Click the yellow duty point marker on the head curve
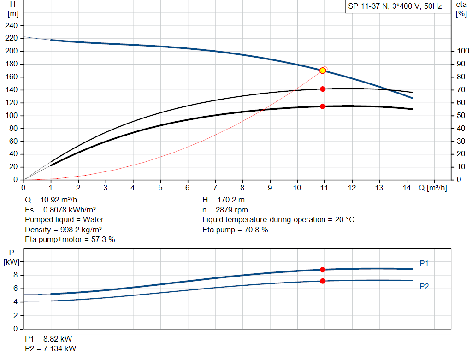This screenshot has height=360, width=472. (x=323, y=71)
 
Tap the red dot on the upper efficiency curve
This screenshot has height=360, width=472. (x=323, y=89)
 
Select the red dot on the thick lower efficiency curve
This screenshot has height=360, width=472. (x=323, y=106)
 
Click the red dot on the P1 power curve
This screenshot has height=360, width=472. (x=323, y=270)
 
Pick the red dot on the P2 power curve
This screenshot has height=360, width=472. (x=323, y=281)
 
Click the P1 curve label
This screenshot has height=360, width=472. (x=424, y=263)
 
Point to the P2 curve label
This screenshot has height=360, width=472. (x=424, y=286)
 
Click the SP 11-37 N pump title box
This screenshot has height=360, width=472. (x=398, y=6)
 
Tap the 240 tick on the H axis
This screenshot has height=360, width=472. (x=11, y=26)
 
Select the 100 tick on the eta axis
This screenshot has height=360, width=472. (x=463, y=51)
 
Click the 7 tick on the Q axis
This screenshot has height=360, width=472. (x=215, y=188)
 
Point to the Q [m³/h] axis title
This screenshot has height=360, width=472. (x=432, y=188)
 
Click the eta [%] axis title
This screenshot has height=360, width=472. (x=461, y=9)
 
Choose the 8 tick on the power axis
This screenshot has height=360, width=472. (x=15, y=275)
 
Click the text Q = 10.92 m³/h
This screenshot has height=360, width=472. (x=51, y=200)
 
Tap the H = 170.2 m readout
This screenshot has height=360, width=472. (x=224, y=200)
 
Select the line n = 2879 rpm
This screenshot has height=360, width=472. (x=225, y=210)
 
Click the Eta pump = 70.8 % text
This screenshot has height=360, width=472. (x=235, y=230)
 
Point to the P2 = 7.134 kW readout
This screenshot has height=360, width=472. (x=51, y=348)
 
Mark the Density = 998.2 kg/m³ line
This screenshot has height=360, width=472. (x=63, y=230)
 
